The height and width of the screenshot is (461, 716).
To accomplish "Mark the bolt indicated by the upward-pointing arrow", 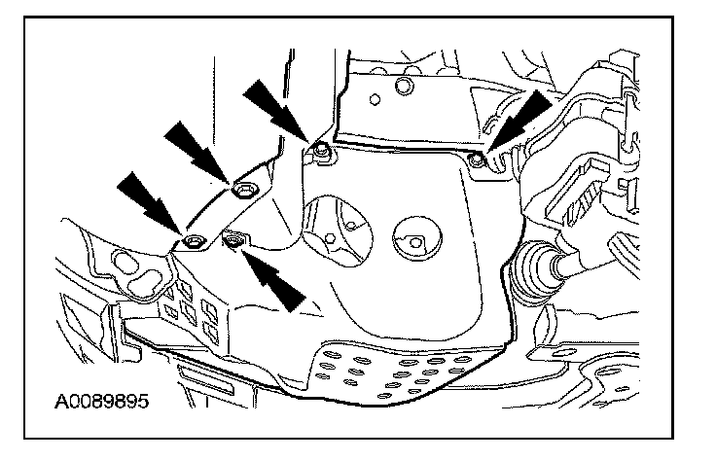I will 233,238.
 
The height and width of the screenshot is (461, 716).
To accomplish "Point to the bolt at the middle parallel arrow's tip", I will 242,189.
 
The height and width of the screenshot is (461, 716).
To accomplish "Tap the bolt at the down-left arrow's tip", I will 475,156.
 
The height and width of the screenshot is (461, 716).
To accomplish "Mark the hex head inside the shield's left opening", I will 331,236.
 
